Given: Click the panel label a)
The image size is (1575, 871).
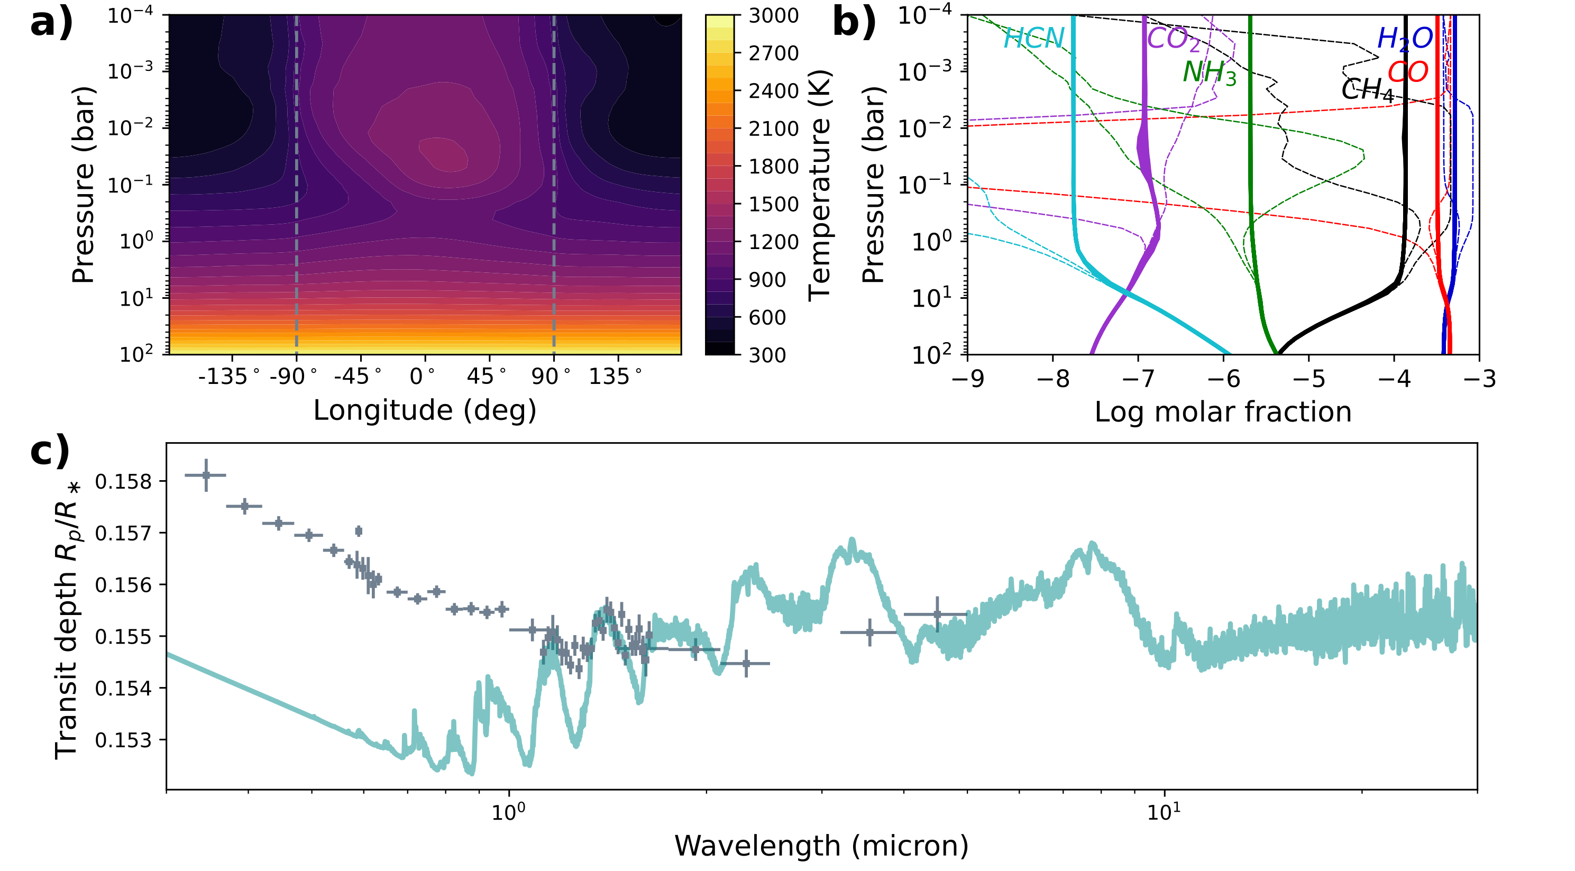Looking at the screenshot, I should click(x=51, y=23).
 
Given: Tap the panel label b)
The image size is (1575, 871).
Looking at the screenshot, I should click(x=854, y=23).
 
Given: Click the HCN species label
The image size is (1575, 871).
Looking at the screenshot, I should click(x=1034, y=39).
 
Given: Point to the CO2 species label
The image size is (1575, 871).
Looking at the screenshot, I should click(x=1173, y=39).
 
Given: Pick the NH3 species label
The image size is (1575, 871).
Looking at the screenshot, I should click(x=1210, y=73).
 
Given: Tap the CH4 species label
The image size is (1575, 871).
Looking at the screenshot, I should click(x=1367, y=90).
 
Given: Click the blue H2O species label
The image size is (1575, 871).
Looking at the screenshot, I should click(x=1404, y=39).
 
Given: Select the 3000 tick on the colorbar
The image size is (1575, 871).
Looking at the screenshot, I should click(x=773, y=16).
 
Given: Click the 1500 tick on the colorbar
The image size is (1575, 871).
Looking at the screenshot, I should click(x=773, y=204).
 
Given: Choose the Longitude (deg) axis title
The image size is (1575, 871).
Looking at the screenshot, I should click(x=425, y=410).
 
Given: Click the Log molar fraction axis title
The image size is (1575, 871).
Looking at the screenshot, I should click(x=1223, y=412).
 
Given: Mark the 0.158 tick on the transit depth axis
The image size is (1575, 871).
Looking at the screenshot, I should click(x=123, y=482).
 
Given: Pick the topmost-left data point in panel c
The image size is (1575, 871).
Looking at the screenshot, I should click(x=206, y=475).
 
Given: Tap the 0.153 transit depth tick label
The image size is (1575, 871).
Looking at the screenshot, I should click(x=123, y=740).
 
